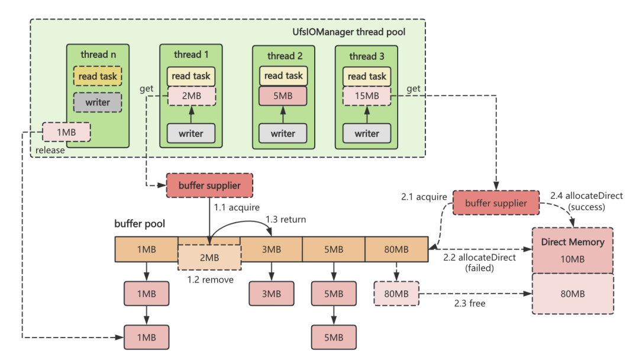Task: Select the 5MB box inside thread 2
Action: tap(283, 96)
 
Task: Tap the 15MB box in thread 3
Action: tap(367, 96)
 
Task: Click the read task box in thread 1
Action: tap(191, 76)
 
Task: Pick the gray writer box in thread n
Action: tap(98, 102)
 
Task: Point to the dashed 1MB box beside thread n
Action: tap(66, 131)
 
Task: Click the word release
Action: tap(50, 150)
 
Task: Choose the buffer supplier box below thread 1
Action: tap(209, 185)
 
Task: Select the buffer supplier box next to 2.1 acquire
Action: tap(496, 202)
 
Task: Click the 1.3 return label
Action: tap(286, 220)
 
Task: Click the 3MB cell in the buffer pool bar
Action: tap(271, 249)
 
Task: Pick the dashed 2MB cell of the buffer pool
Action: tap(209, 258)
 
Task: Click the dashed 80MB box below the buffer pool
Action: tap(396, 293)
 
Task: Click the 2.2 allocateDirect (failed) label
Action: tap(479, 262)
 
